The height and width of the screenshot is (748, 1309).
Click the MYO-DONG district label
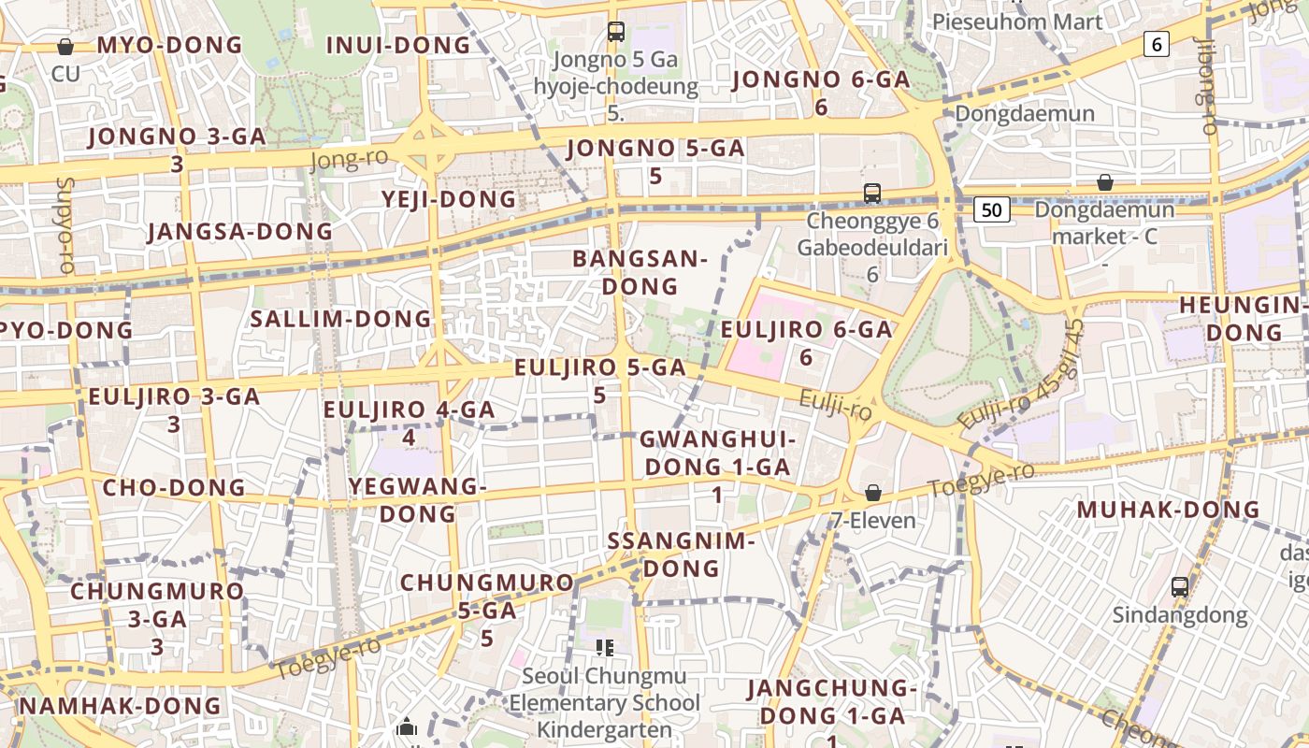point(169,45)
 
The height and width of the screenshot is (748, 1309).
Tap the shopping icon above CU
point(65,46)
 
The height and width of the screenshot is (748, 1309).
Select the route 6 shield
point(1158,43)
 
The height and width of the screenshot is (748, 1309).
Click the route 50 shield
point(992,209)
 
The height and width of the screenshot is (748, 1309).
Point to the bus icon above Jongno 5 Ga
point(615,31)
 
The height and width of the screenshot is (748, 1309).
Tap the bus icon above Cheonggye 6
point(871,194)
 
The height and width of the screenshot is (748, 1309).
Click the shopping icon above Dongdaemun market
point(1105,182)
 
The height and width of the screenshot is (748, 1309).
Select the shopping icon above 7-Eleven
point(872,492)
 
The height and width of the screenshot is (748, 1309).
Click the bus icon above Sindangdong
point(1180,587)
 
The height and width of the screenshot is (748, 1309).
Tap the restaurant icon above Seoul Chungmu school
point(604,647)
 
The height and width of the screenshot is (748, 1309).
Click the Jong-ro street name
point(348,160)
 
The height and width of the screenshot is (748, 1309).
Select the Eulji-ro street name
point(835,405)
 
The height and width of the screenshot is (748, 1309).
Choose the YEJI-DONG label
point(449,199)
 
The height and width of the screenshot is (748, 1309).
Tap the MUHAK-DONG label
point(1168,511)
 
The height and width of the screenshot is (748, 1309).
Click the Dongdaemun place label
point(1024,114)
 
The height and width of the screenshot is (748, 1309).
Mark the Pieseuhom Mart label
point(1017,22)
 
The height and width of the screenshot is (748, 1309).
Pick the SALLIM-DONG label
point(340,319)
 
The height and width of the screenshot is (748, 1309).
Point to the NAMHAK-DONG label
point(120,706)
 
